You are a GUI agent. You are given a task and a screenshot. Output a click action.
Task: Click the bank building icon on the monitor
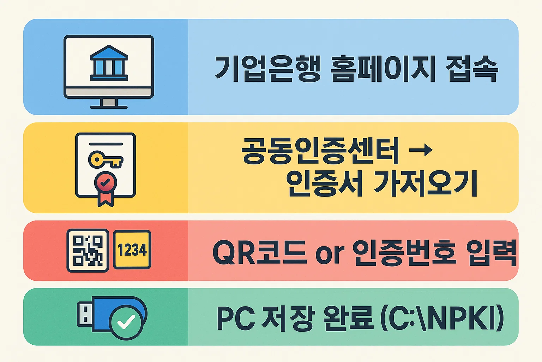pyautogui.click(x=109, y=63)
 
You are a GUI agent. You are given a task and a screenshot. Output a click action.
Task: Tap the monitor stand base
pyautogui.click(x=109, y=106)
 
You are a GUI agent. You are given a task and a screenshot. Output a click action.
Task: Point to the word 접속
pyautogui.click(x=472, y=69)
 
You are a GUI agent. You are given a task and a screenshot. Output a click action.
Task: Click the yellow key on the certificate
pyautogui.click(x=105, y=160)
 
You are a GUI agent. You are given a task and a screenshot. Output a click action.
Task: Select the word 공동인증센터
pyautogui.click(x=320, y=151)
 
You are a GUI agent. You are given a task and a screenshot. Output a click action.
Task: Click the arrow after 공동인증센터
pyautogui.click(x=421, y=150)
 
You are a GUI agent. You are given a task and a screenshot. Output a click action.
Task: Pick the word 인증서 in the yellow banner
pyautogui.click(x=324, y=183)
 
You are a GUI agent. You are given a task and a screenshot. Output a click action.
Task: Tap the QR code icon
pyautogui.click(x=88, y=250)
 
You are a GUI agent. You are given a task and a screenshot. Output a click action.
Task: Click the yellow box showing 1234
pyautogui.click(x=132, y=250)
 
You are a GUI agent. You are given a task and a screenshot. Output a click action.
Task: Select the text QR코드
pyautogui.click(x=259, y=252)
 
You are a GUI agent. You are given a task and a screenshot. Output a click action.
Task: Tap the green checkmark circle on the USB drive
pyautogui.click(x=126, y=321)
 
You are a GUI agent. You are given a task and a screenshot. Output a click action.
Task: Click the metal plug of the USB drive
pyautogui.click(x=84, y=314)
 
